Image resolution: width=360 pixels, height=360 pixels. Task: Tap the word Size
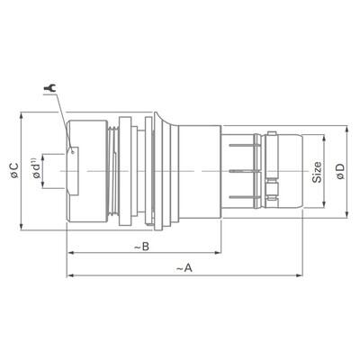click(x=318, y=171)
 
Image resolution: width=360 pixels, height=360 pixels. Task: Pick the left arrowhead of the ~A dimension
click(x=69, y=274)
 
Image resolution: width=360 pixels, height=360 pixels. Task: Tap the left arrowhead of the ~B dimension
click(x=69, y=256)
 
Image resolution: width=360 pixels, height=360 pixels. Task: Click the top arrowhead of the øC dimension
click(x=24, y=116)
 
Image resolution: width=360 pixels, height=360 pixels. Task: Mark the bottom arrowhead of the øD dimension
click(x=348, y=213)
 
